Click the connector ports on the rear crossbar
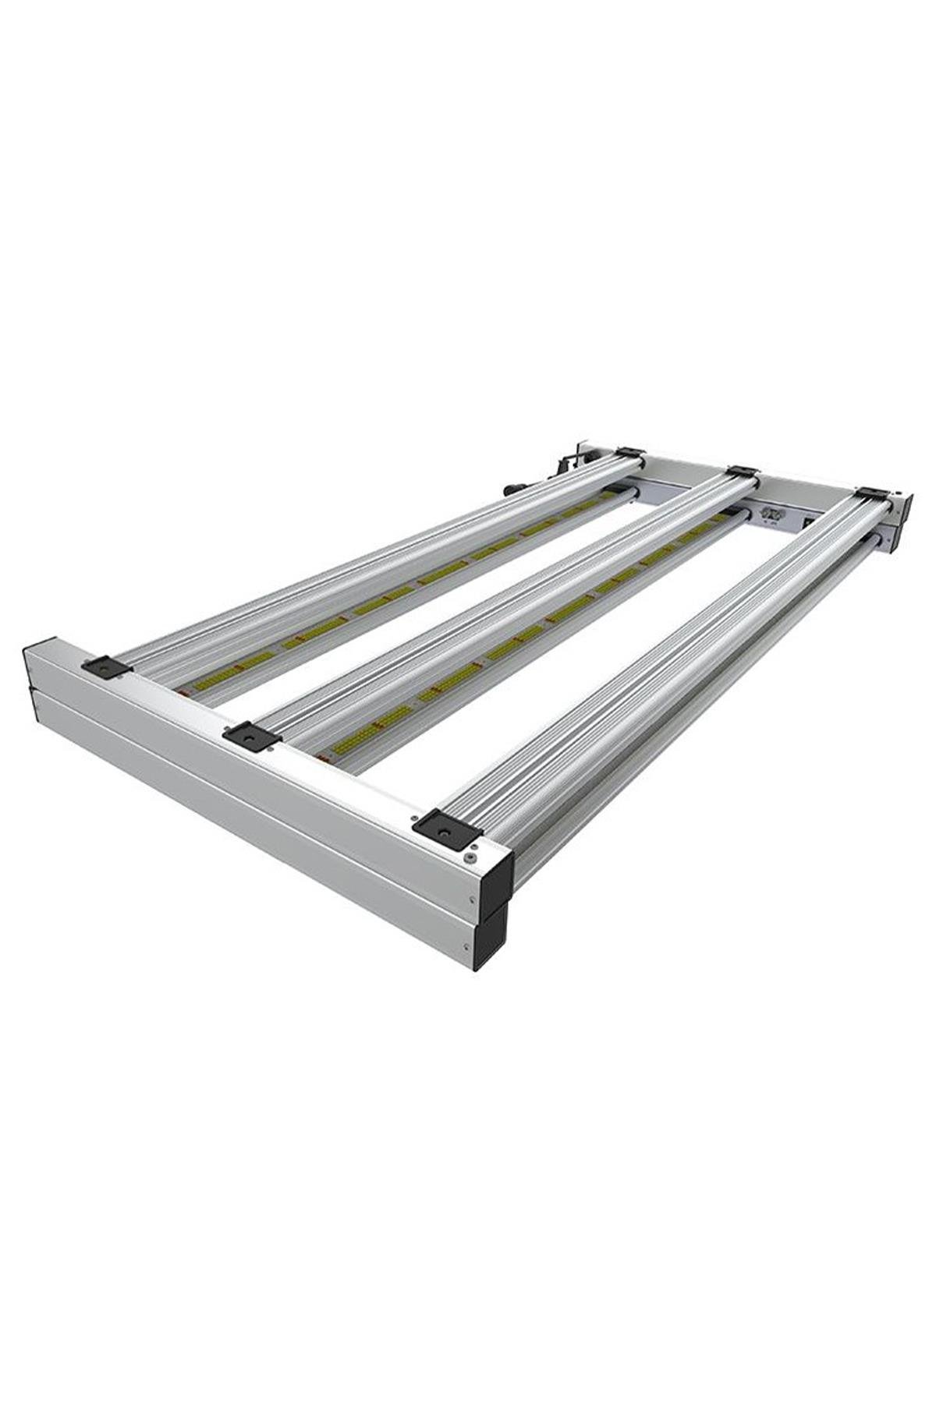(x=771, y=514)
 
